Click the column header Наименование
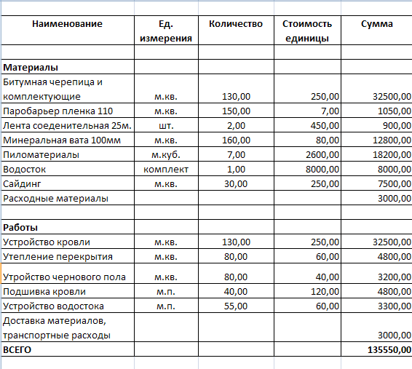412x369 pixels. pos(67,24)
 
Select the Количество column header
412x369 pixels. pos(235,24)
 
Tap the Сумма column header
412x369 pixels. pos(377,24)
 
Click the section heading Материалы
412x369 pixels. pos(31,68)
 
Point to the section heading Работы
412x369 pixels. pos(21,228)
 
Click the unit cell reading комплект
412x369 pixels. pos(166,170)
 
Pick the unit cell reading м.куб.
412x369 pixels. pos(166,155)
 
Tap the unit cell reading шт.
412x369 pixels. pos(166,126)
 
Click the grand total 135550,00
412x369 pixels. pos(386,350)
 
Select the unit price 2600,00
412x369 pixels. pos(320,155)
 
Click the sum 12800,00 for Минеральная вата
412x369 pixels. pos(389,140)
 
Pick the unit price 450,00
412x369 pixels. pos(322,126)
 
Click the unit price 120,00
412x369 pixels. pos(322,292)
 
